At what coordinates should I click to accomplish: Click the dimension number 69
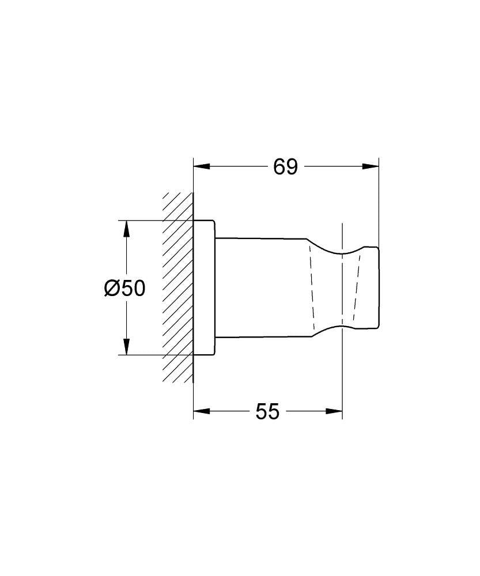285,167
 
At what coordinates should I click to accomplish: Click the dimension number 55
267,411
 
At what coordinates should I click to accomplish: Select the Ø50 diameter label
125,287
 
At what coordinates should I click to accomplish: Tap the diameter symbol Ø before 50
112,287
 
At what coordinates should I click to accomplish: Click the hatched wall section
177,288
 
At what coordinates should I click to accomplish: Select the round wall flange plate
205,287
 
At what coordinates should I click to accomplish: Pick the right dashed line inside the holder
357,287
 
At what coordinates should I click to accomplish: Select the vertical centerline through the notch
342,374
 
